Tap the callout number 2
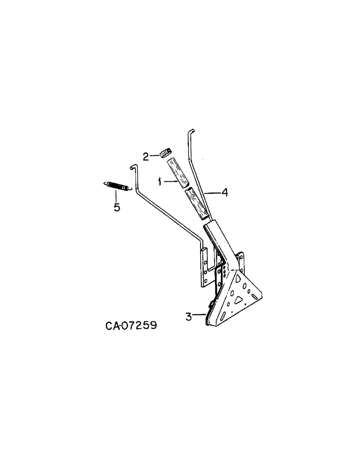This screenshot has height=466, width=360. click(x=146, y=157)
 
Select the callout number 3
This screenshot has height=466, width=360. click(x=188, y=317)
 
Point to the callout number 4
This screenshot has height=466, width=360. click(x=224, y=192)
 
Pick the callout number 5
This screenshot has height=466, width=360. click(x=117, y=207)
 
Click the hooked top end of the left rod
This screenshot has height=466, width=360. click(x=133, y=166)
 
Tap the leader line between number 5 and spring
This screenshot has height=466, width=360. click(x=117, y=196)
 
